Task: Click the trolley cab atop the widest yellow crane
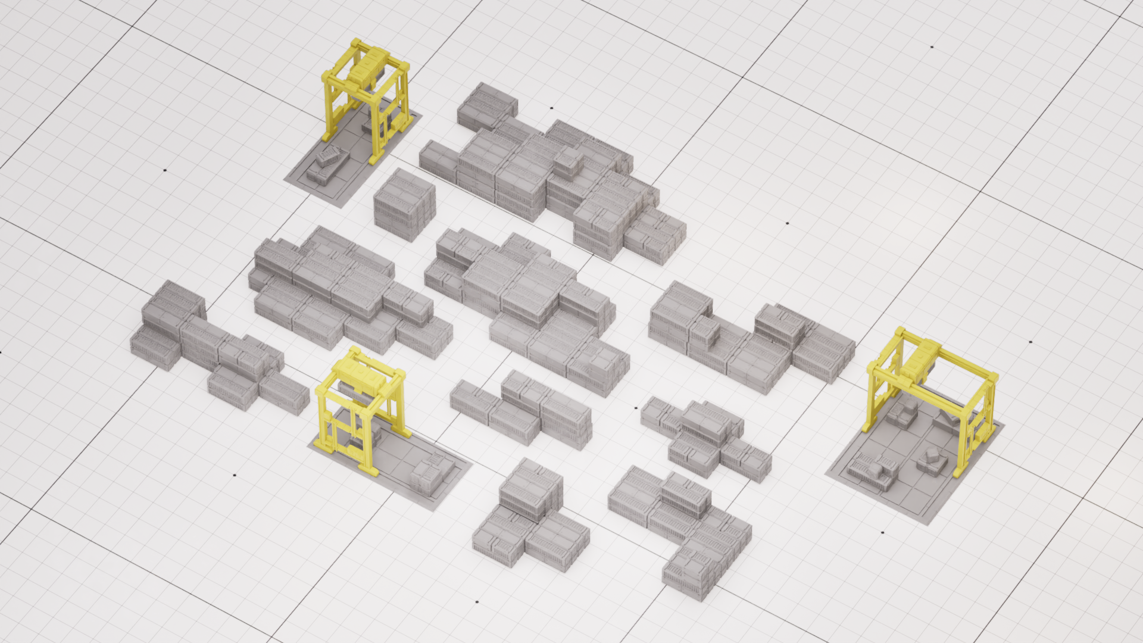920,360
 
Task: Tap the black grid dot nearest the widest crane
1030,342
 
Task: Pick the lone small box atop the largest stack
569,160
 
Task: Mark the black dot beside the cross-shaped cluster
636,408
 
